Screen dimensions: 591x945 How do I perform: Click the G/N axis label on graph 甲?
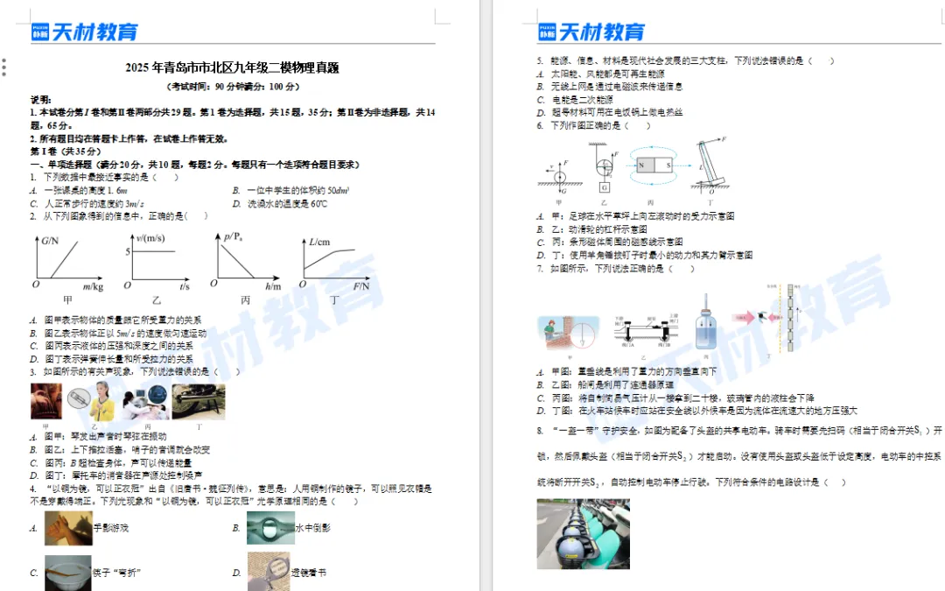pos(50,241)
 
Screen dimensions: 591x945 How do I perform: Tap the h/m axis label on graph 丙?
pos(273,287)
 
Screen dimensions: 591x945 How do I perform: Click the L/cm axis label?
pos(318,242)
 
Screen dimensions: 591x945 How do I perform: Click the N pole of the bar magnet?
pos(642,165)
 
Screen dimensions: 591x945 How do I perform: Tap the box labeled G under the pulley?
pos(604,186)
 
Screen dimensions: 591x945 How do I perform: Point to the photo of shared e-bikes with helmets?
pos(570,533)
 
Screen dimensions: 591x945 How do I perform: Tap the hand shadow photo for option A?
pos(68,528)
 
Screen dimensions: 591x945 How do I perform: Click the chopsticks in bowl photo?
pos(68,572)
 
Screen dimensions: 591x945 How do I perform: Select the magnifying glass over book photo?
pos(268,572)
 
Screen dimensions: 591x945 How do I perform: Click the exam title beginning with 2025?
pos(232,67)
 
